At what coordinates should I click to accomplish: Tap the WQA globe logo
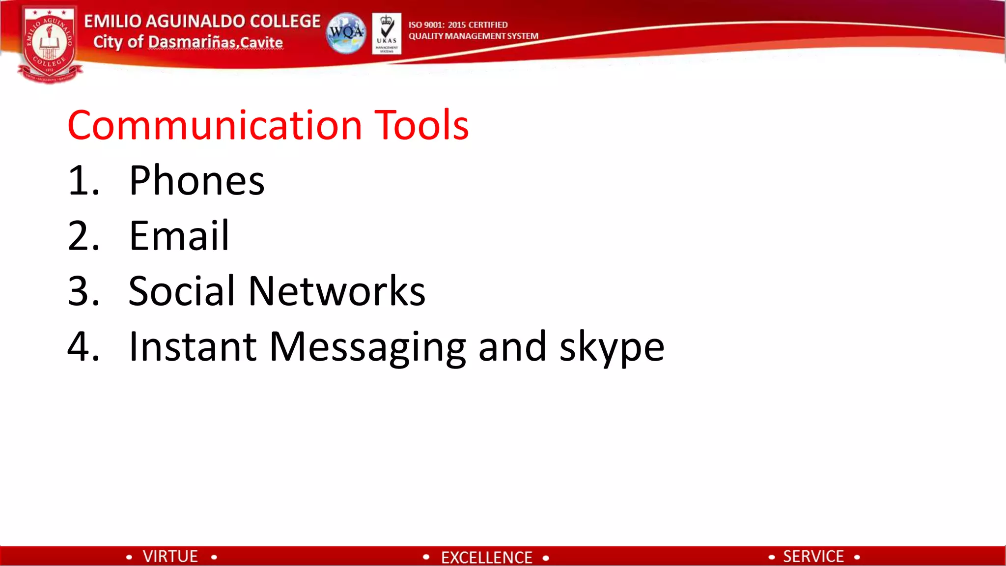(x=346, y=33)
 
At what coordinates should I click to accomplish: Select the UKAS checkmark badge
(x=387, y=33)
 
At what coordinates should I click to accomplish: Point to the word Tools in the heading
(x=421, y=125)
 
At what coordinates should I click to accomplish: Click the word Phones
(x=196, y=181)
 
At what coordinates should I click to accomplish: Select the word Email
(x=179, y=236)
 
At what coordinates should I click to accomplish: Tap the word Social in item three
(x=182, y=291)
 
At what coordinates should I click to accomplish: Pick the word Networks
(x=337, y=291)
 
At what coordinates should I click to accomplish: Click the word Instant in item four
(x=192, y=346)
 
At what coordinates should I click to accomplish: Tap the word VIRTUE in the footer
(x=170, y=556)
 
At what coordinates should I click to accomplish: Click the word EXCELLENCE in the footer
(x=486, y=557)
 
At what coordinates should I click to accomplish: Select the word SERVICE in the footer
(x=813, y=556)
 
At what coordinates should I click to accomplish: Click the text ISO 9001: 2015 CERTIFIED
(x=458, y=25)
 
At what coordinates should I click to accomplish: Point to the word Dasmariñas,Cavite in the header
(x=215, y=42)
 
